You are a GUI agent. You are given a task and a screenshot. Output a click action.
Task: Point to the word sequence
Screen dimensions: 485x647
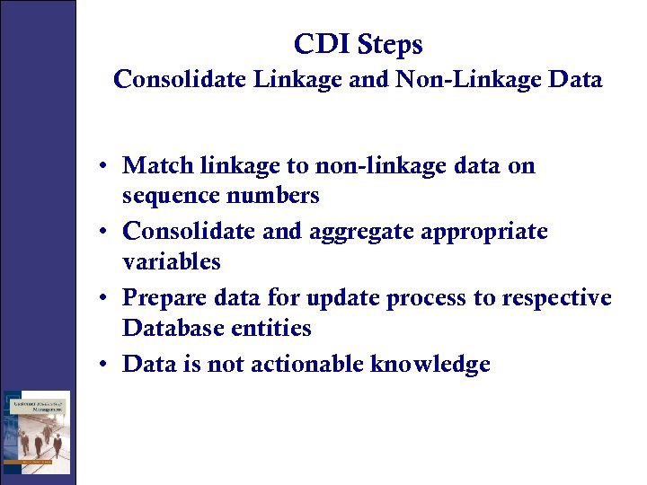click(173, 196)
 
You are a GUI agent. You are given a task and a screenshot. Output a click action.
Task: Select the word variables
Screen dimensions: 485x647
click(172, 261)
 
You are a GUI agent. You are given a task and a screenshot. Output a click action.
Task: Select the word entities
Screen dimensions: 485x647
click(270, 328)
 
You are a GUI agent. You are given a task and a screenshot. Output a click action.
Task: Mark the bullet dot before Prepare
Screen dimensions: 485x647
click(105, 298)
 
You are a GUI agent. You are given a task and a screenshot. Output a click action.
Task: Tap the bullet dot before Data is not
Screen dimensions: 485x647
click(105, 365)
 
